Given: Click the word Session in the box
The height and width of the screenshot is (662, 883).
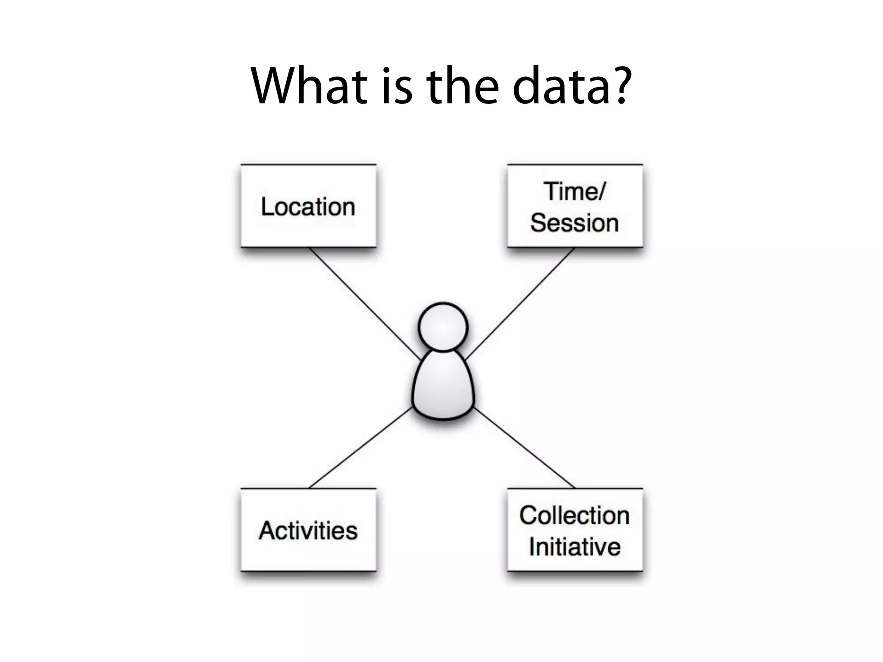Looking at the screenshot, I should pos(575,223).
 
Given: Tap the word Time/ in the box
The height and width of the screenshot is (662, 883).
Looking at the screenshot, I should pos(575,191).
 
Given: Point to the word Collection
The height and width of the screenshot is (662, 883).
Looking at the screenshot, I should pos(575,515).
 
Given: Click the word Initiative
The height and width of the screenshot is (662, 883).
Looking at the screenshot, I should pos(575,547).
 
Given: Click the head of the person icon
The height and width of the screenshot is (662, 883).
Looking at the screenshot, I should pos(443,327).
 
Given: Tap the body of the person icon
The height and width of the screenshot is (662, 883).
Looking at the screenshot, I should pos(443,388).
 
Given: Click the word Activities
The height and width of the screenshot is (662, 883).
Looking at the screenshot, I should pos(308,531).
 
